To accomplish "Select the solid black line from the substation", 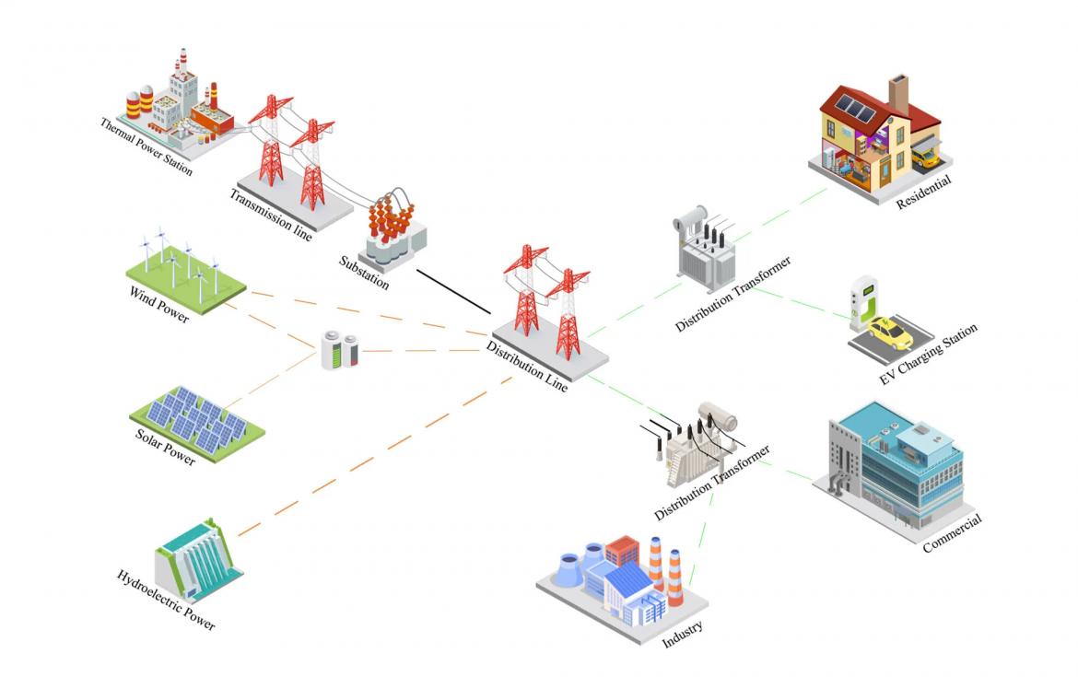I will (453, 291).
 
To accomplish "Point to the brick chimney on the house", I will (898, 93).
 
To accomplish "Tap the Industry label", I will (683, 636).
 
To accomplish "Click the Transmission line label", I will (270, 214).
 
